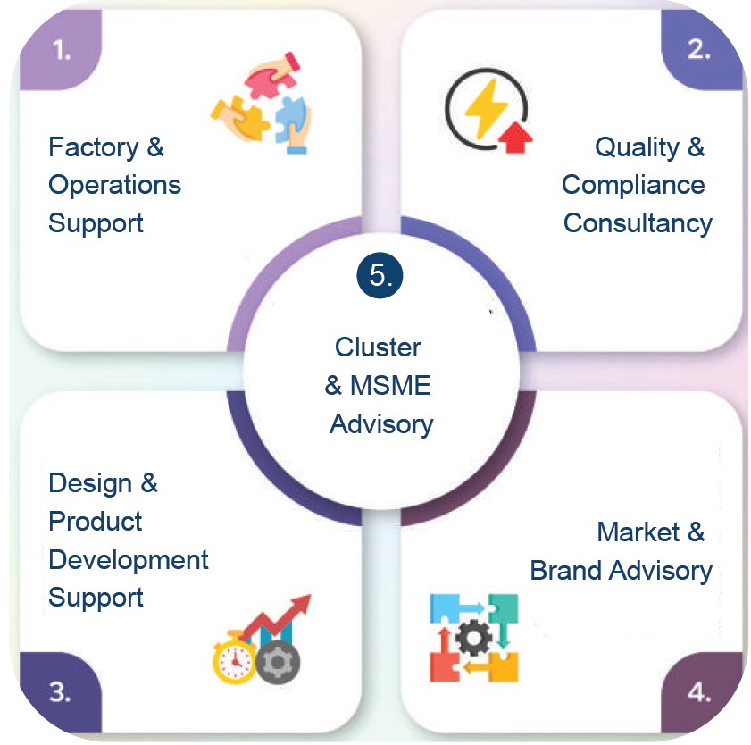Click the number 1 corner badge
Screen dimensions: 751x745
click(60, 50)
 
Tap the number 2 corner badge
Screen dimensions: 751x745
click(701, 50)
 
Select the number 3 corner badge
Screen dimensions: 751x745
click(60, 693)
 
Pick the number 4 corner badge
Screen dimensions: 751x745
click(701, 693)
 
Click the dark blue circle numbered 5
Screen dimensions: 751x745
click(380, 275)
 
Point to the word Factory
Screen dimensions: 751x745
click(94, 147)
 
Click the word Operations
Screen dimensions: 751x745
click(115, 186)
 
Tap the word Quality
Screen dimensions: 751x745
click(637, 147)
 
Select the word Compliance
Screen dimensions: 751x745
click(633, 186)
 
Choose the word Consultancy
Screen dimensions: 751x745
click(638, 223)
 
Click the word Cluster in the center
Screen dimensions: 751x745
click(378, 347)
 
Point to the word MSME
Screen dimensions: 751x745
click(390, 386)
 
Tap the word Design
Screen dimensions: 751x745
click(90, 483)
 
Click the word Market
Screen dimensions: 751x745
click(638, 532)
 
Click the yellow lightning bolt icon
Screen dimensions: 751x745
click(486, 109)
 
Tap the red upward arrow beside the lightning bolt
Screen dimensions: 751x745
click(515, 137)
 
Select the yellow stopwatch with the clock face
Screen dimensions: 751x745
click(235, 657)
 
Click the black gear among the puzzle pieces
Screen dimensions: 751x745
click(473, 638)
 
